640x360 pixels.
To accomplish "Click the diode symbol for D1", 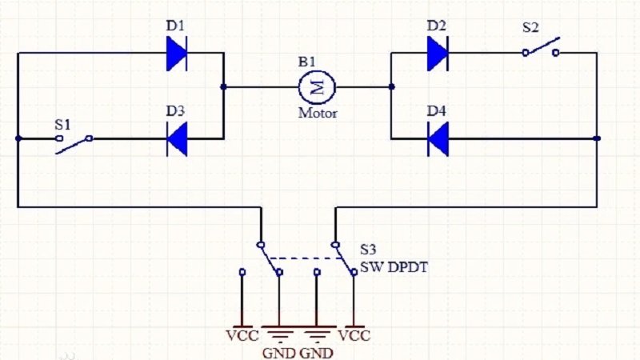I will (177, 54).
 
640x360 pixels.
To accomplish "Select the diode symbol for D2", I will (437, 54).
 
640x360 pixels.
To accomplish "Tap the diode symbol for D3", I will (177, 138).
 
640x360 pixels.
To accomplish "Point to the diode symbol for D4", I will (437, 138).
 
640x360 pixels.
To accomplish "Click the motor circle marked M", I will (315, 86).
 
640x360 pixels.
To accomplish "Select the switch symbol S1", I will (74, 141).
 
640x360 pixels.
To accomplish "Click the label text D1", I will (176, 26).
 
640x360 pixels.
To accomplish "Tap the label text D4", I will (436, 110).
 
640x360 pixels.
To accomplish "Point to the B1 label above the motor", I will (308, 62).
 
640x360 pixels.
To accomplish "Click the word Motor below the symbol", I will (318, 113).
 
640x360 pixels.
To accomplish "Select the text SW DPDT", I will (393, 267).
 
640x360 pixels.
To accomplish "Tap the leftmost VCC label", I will (242, 335).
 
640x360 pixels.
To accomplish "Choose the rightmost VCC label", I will (354, 335).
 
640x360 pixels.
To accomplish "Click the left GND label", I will (279, 353).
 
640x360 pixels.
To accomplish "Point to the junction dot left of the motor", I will (224, 86).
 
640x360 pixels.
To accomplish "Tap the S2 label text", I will (530, 27).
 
